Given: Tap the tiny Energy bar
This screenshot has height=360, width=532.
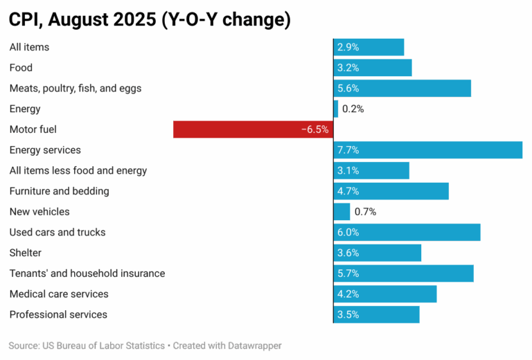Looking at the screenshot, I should (336, 109).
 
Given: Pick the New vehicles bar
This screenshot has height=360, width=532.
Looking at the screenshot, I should (342, 212).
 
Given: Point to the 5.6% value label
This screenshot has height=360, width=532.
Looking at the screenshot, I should (348, 89).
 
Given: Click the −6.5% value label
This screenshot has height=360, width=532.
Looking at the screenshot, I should (315, 129).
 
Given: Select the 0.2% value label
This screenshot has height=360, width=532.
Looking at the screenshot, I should (353, 109).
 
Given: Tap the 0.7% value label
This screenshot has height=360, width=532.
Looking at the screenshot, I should (365, 212).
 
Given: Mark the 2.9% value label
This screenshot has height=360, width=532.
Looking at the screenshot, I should (348, 47).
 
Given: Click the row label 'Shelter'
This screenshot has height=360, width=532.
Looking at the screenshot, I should (26, 253).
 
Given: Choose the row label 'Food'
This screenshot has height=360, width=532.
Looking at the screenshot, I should (21, 68).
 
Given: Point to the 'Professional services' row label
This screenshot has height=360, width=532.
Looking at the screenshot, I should (58, 314).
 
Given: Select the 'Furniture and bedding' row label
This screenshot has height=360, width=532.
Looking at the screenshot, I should (59, 191).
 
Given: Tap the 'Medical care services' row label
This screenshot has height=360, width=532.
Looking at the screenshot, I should (59, 294).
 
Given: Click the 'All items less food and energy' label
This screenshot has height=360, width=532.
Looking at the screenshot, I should (78, 170).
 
